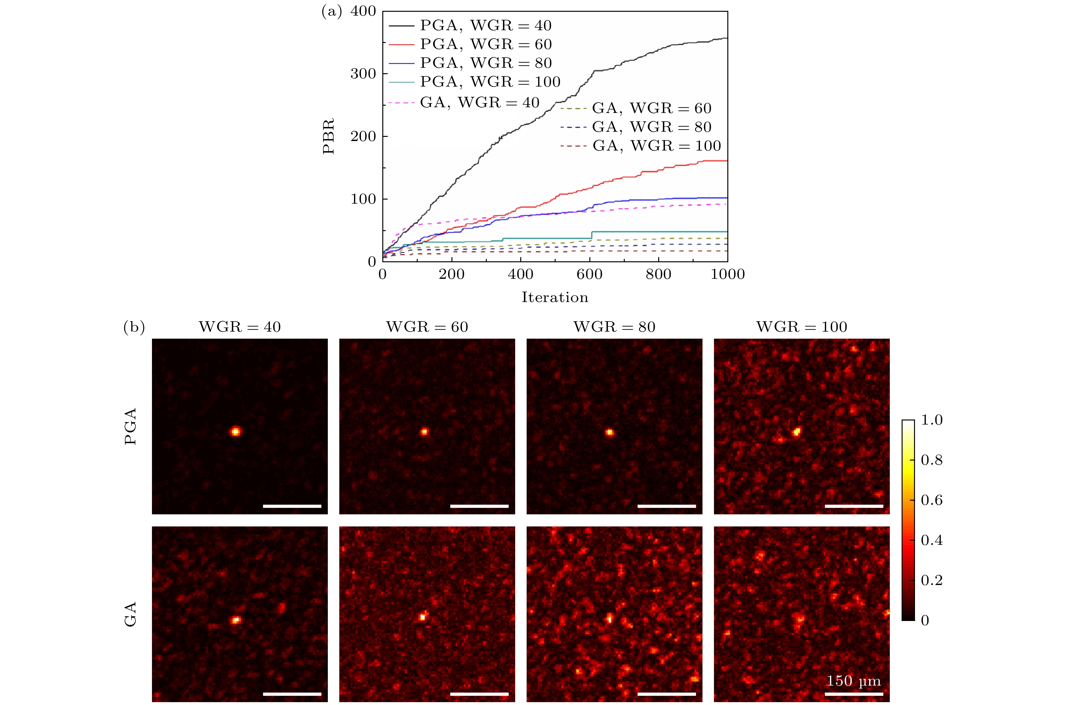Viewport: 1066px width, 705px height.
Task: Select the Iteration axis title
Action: click(555, 298)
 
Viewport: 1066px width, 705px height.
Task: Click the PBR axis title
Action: click(329, 136)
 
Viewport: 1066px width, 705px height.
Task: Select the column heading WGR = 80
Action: click(614, 327)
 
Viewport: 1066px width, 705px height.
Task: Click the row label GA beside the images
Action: click(131, 615)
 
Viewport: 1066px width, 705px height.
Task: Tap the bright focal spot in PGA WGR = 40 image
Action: click(235, 432)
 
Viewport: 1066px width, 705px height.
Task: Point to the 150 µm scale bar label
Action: click(854, 681)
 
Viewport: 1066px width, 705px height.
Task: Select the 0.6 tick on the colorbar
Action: click(932, 500)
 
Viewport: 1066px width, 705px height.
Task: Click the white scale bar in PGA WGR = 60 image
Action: click(479, 506)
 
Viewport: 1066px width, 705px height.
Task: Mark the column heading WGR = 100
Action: click(802, 327)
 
